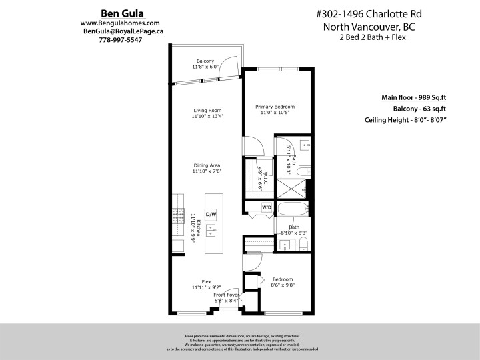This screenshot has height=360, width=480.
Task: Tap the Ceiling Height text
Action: coord(405,120)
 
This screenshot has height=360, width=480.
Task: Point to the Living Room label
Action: coord(207,111)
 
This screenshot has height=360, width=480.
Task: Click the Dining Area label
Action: coord(207,165)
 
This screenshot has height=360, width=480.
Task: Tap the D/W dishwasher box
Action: coord(211,214)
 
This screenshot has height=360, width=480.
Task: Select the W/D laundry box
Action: coord(267,207)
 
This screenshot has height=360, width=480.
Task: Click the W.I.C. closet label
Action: coord(264,179)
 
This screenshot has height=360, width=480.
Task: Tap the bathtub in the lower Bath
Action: coord(291,208)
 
